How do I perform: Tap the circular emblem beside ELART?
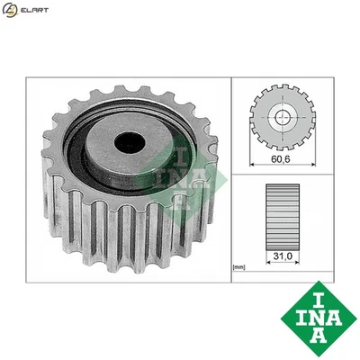tap(10, 11)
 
